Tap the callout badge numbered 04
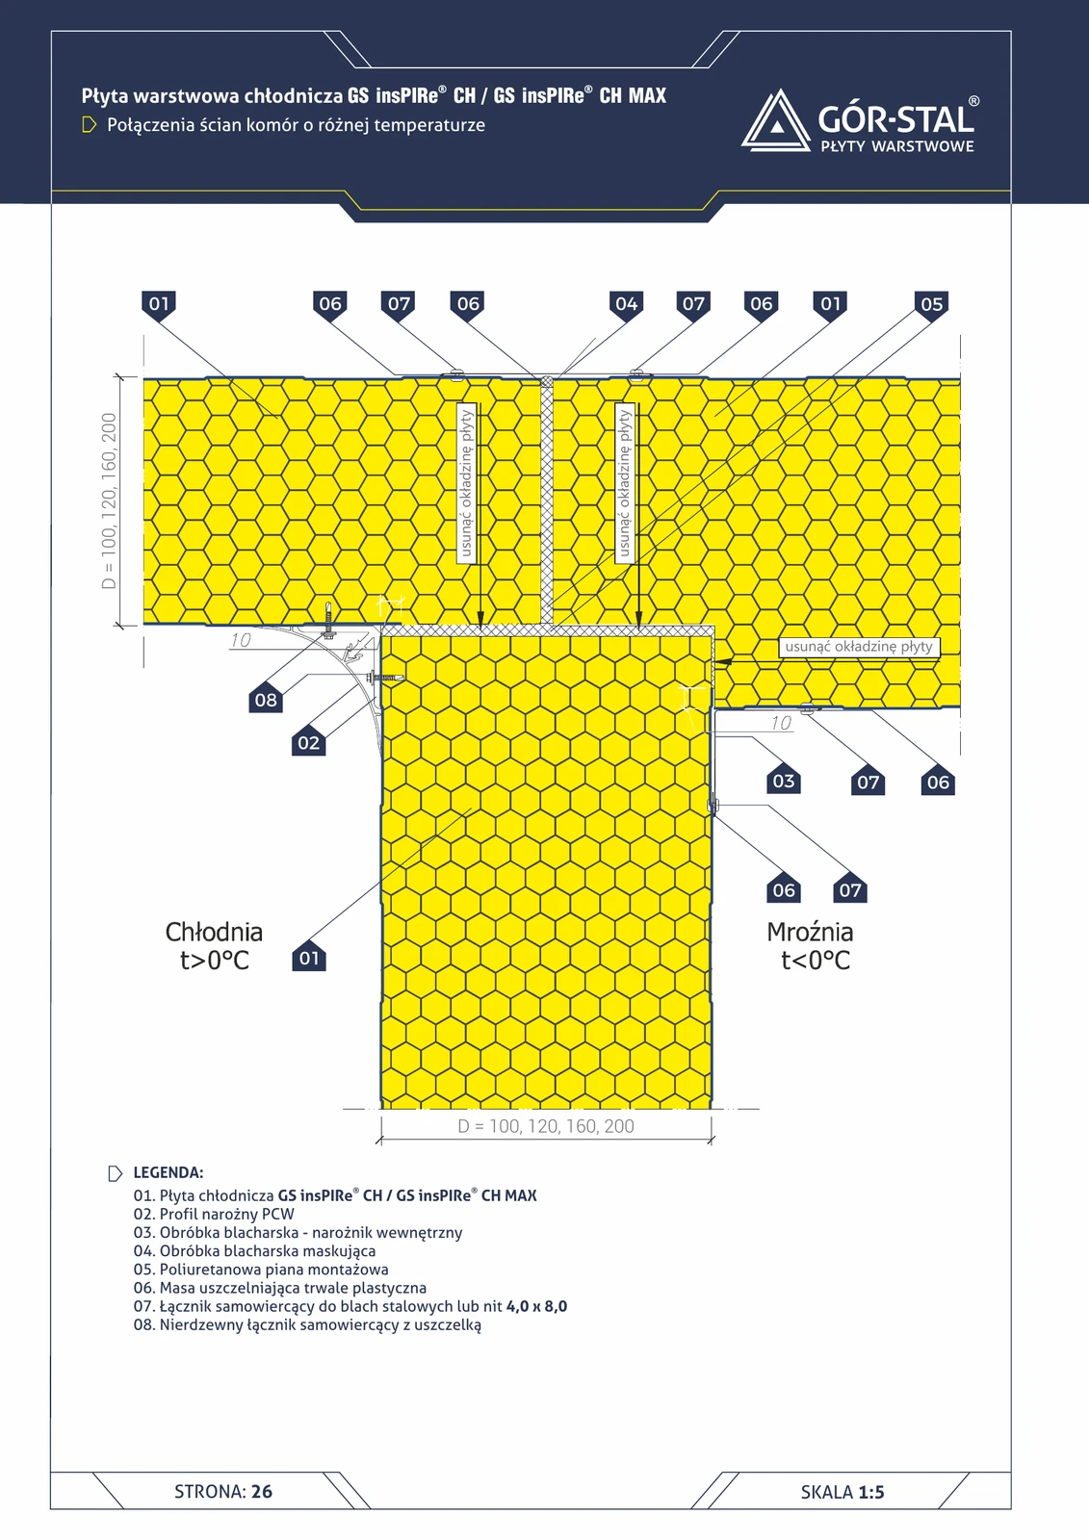point(626,304)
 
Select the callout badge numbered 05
point(931,304)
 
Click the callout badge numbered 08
point(266,700)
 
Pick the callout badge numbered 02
point(309,742)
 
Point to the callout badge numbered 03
point(784,781)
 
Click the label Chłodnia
point(214,932)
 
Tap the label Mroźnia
point(810,932)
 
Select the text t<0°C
point(816,960)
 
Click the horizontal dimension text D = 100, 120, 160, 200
point(546,1126)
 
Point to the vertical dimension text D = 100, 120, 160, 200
point(109,500)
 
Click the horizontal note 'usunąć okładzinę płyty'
point(859,646)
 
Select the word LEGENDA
point(168,1173)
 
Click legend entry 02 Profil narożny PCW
point(214,1214)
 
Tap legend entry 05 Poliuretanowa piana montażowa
point(261,1270)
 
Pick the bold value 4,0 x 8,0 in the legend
point(536,1306)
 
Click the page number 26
point(261,1491)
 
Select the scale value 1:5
point(871,1492)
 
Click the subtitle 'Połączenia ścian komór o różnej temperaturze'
point(296,125)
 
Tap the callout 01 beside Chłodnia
point(309,959)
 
